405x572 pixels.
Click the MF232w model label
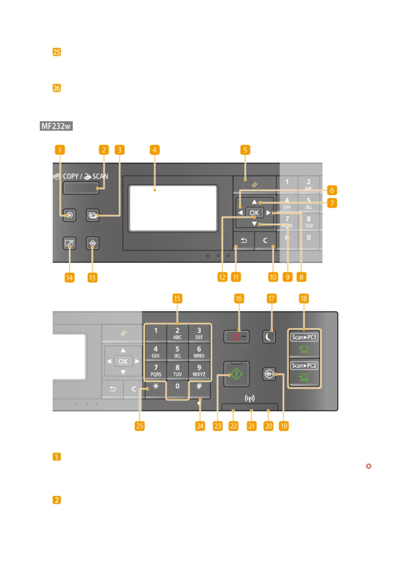tap(56, 126)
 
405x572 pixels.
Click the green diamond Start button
tap(236, 374)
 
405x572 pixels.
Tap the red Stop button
tap(236, 337)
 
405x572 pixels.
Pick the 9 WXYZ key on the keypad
tap(199, 370)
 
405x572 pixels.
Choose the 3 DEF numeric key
tap(199, 333)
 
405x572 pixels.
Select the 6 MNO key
tap(199, 352)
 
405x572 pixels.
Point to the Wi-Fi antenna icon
tap(250, 398)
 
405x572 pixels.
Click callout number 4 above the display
tap(154, 150)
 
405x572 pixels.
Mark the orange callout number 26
tap(56, 88)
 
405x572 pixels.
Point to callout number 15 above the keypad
tap(177, 299)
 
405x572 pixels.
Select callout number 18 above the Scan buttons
tap(303, 299)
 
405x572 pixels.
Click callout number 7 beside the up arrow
tap(332, 203)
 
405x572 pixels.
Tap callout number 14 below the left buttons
tap(69, 278)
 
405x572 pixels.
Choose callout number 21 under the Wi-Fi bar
tap(251, 426)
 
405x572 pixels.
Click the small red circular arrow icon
tap(369, 466)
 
